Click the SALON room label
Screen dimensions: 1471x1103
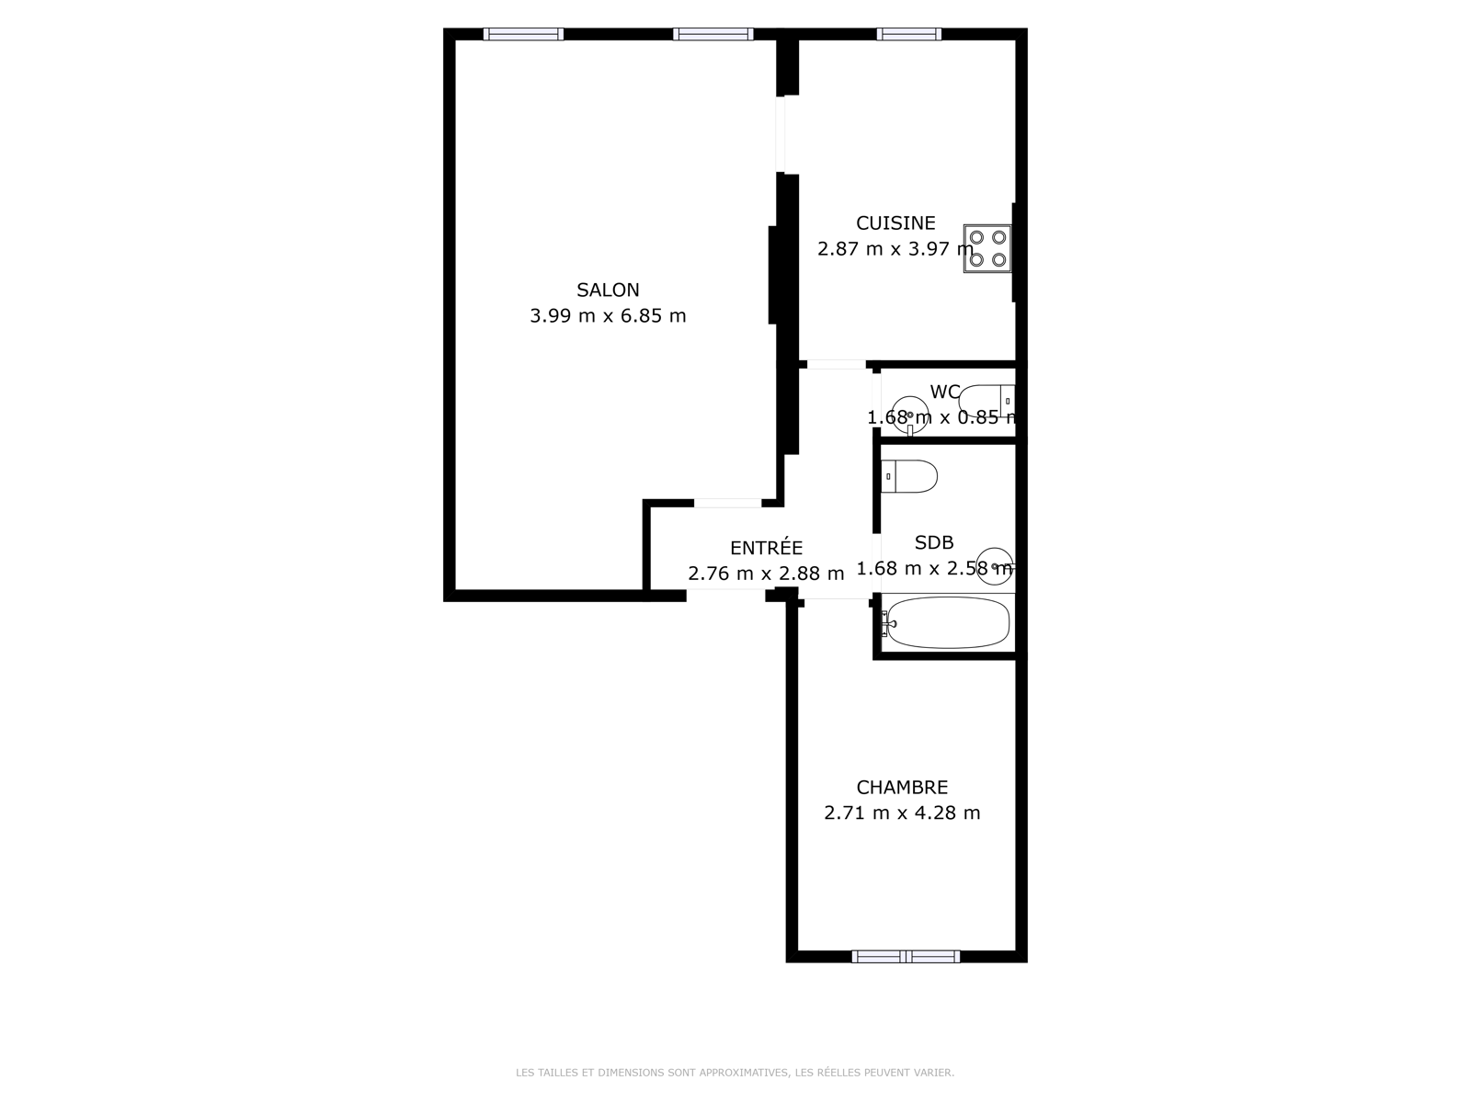coord(608,290)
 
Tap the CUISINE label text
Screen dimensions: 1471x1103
coord(895,223)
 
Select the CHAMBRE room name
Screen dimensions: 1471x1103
coord(902,787)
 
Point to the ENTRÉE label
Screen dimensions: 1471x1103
coord(766,547)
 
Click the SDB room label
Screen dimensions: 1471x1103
coord(933,542)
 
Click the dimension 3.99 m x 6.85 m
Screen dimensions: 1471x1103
coord(608,315)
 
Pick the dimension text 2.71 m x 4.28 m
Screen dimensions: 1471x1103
coord(902,813)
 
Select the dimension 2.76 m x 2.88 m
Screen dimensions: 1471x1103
coord(766,574)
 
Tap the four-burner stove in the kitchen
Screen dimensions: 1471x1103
coord(987,248)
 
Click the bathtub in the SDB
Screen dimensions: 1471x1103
coord(947,622)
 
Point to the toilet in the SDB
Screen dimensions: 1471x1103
coord(908,477)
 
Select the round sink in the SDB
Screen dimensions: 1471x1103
coord(995,566)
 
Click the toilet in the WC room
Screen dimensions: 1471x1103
coord(986,401)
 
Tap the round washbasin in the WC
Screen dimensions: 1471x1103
coord(910,415)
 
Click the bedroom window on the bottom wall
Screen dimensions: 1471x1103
coord(907,956)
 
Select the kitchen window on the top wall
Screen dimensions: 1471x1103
coord(908,34)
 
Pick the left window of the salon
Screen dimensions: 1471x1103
coord(523,34)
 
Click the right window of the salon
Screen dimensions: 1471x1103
coord(713,34)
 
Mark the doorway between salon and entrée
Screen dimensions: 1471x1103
coord(727,503)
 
